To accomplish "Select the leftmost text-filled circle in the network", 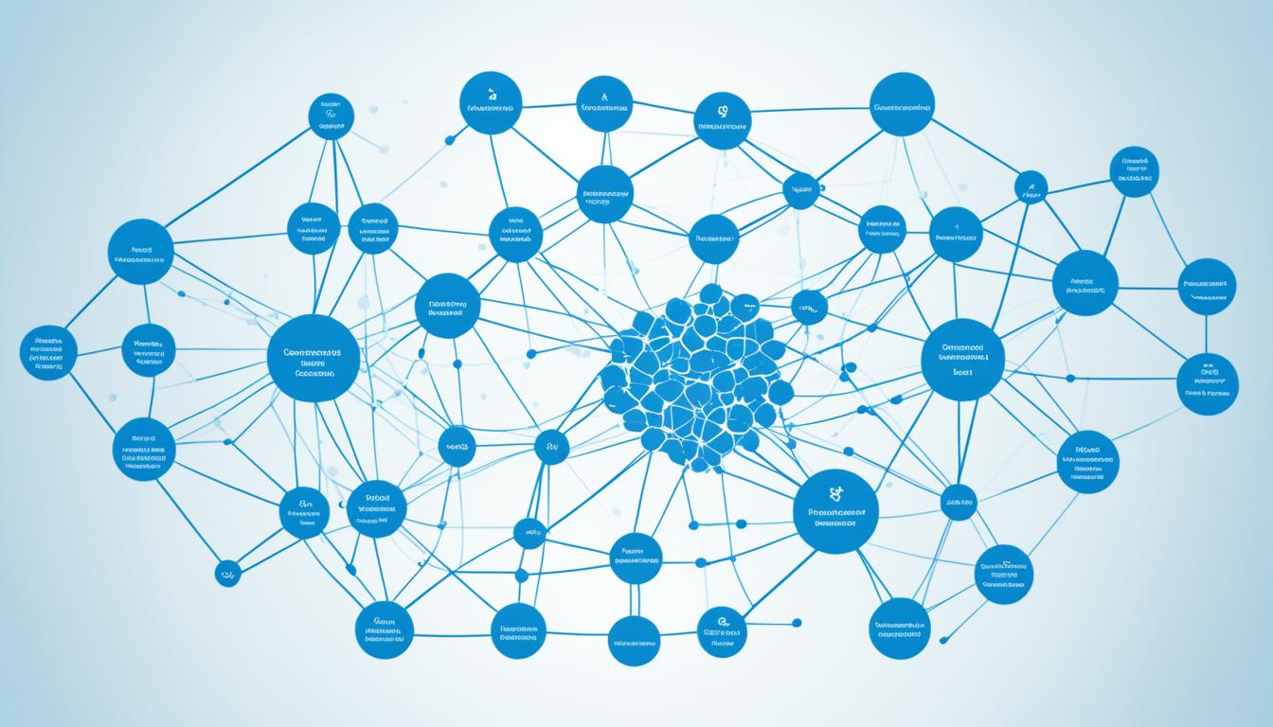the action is coord(48,353).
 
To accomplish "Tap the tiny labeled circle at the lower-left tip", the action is coord(227,572).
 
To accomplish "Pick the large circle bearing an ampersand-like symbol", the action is coord(835,512).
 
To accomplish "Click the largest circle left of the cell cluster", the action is coord(314,359).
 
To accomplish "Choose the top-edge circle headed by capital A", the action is coord(604,104).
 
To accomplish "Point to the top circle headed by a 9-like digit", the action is coord(723,120).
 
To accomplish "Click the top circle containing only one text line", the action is coord(902,104).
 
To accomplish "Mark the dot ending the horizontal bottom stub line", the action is coord(797,622).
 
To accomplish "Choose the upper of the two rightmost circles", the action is coord(1207,286).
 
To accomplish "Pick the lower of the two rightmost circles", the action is coord(1208,383).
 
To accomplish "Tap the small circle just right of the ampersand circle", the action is coord(959,503).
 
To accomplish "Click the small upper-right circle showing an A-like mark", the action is coord(1031,187).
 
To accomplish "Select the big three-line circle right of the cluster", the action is coord(962,359).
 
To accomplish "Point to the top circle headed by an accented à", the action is coord(491,103).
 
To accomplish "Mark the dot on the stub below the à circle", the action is coord(449,140).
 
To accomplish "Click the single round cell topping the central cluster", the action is coord(710,293).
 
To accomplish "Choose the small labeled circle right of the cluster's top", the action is coord(808,307).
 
